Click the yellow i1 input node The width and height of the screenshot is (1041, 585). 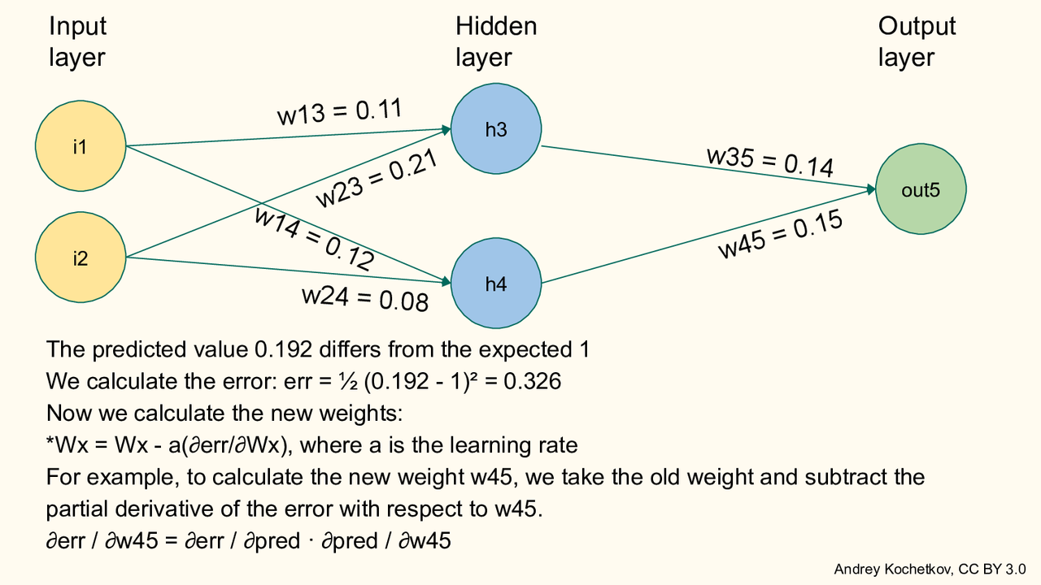[80, 147]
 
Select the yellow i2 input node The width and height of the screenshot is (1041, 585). [80, 258]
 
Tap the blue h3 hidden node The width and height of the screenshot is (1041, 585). [495, 129]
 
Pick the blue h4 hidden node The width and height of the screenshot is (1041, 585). [495, 284]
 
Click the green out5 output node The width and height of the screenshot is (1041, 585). [921, 189]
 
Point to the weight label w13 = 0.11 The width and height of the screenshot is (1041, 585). [340, 112]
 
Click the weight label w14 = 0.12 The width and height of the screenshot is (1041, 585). [314, 238]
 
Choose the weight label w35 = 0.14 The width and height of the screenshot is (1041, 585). [770, 161]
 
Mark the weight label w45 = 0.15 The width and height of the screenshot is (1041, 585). [779, 234]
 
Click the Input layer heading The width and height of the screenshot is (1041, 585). [77, 41]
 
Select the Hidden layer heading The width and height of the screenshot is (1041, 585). [496, 41]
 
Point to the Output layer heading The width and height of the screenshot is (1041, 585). [917, 41]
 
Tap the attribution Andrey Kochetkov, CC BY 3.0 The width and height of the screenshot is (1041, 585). [930, 569]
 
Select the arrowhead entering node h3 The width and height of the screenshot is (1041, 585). [446, 128]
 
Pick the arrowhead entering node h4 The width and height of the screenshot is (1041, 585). [446, 282]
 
